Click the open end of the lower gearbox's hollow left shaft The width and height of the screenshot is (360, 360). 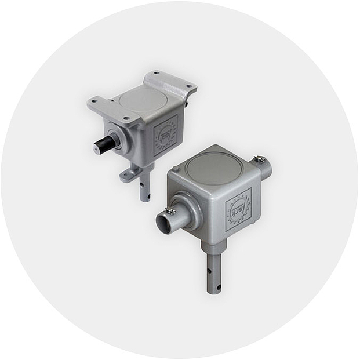pos(162,223)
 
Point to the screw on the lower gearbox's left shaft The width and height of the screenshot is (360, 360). pos(170,212)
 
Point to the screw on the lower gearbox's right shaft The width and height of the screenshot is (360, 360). pos(260,159)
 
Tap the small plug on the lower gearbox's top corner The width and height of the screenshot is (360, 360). pos(176,169)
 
